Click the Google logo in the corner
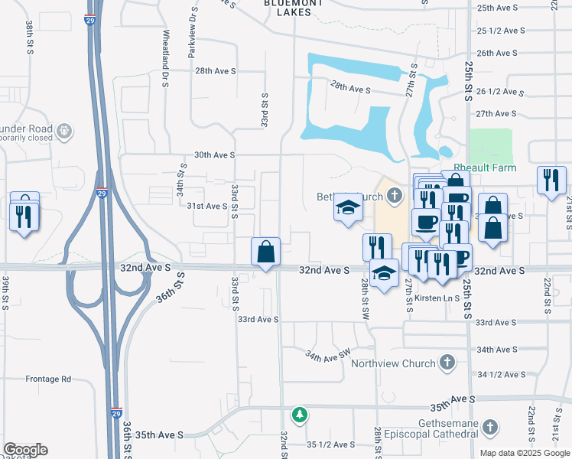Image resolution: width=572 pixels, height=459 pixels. point(25,450)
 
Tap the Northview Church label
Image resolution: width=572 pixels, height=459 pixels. point(393,363)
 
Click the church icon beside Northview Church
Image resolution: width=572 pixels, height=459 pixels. point(447,363)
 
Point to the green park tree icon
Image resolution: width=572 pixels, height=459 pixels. point(301,414)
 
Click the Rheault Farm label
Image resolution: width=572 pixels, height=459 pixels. point(485,168)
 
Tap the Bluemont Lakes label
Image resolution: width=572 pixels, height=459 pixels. point(288,8)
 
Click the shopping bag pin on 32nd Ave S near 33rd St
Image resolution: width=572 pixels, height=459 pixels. point(266,251)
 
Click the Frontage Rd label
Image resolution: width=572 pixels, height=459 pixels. point(48,379)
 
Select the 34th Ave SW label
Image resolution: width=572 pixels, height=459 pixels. point(327,356)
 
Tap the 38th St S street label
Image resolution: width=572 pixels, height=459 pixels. point(29,36)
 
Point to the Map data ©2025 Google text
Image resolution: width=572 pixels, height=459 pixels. point(525,453)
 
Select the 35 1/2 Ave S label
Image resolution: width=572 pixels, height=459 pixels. point(330,444)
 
